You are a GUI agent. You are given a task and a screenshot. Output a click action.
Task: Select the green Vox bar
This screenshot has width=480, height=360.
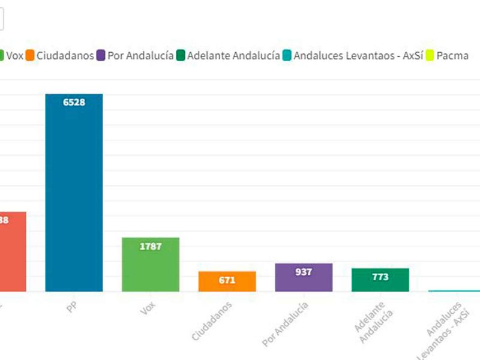click(151, 267)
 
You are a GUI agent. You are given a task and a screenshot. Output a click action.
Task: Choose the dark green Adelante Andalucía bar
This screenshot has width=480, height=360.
click(380, 281)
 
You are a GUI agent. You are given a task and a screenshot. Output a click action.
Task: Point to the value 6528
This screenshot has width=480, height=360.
click(74, 102)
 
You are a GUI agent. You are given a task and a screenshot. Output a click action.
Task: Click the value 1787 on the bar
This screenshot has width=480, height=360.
click(151, 246)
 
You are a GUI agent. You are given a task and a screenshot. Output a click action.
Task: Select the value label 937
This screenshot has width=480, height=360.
click(304, 272)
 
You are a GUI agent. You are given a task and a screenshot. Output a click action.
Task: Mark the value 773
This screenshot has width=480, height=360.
click(380, 277)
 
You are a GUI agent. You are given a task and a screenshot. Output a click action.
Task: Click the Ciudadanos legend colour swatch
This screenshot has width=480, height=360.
click(29, 56)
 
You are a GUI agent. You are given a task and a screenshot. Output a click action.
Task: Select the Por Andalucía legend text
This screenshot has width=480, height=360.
click(140, 56)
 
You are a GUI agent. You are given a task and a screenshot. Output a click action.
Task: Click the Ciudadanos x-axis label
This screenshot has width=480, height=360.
click(212, 322)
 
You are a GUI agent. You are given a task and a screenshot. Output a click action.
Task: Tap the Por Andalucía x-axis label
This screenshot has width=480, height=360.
click(286, 324)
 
